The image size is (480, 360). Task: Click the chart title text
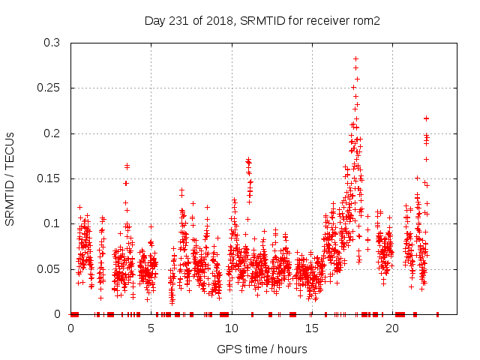(262, 20)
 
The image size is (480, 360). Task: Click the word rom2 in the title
(367, 20)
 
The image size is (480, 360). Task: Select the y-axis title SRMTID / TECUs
(10, 178)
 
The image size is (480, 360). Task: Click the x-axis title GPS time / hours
(262, 349)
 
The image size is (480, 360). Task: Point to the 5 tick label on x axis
(151, 328)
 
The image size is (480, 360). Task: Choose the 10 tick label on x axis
(232, 328)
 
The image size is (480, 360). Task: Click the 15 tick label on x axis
(312, 328)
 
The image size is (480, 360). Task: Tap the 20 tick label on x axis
(392, 328)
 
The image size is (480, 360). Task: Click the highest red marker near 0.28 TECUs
(355, 58)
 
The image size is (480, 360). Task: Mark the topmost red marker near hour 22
(426, 118)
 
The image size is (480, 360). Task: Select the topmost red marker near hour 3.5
(127, 166)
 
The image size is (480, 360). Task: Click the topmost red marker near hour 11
(248, 160)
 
